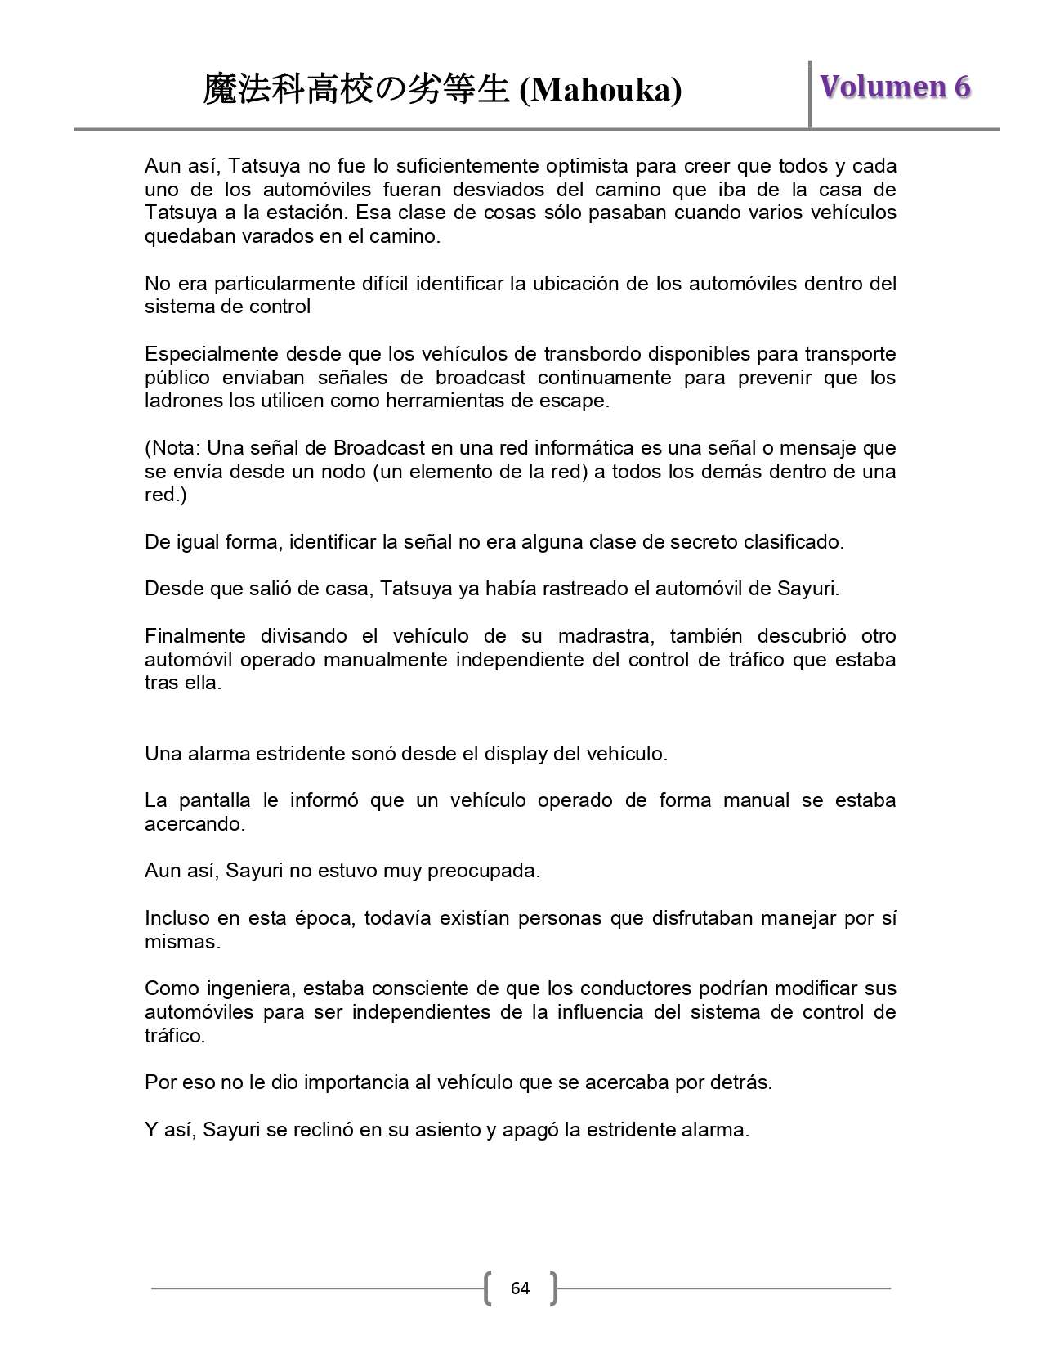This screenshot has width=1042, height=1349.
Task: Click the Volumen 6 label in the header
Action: (895, 87)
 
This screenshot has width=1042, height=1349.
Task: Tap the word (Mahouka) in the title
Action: (601, 91)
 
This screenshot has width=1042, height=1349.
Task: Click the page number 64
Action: (520, 1288)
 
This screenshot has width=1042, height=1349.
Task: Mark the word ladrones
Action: (182, 401)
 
